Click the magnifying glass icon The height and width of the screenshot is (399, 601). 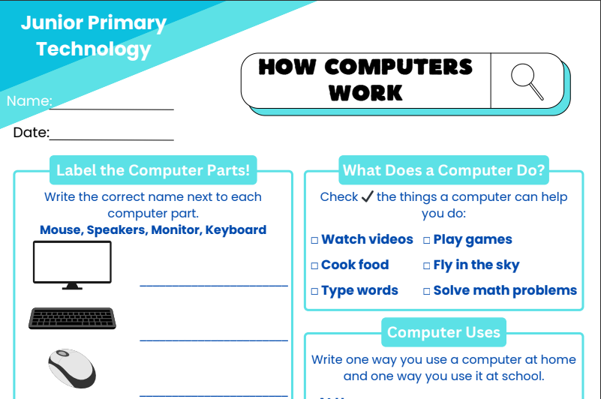pos(527,81)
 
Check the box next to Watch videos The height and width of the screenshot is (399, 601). pos(314,240)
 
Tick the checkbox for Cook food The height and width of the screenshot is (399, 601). pos(314,265)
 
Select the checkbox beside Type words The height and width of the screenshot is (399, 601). pos(314,291)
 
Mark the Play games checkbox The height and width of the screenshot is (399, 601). pos(427,240)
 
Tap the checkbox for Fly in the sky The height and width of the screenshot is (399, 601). pos(427,265)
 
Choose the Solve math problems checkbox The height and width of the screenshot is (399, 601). pos(427,291)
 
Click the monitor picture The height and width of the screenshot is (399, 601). pos(73,265)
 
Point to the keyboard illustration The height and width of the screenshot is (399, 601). pos(72,318)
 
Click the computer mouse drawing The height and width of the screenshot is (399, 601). pos(72,368)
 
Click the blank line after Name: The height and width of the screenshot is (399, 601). pos(112,109)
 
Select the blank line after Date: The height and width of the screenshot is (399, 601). pos(112,140)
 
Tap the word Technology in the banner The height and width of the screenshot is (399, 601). pos(94,49)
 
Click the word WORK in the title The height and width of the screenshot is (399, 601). pos(365,93)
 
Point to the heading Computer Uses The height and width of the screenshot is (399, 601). pos(443,332)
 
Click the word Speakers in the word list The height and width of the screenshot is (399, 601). pos(116,230)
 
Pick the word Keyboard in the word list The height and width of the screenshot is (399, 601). pos(236,229)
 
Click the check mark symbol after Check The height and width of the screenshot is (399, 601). pos(367,196)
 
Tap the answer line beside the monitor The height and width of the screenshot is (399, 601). pos(214,285)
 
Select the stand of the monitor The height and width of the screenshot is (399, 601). pos(72,286)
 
